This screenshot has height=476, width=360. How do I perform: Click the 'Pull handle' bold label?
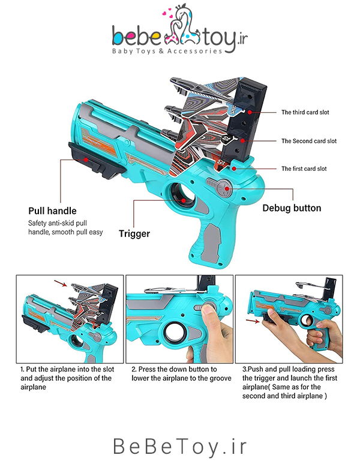click(52, 211)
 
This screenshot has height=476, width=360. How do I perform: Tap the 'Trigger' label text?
click(134, 234)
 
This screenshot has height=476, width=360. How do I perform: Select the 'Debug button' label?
click(292, 209)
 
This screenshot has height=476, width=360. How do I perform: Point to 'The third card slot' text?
click(305, 112)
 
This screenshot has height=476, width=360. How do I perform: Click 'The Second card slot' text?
click(309, 141)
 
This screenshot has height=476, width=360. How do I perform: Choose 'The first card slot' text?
click(304, 169)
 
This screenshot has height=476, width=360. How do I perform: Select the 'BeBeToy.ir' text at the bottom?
click(179, 447)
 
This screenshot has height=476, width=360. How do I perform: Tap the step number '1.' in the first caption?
click(22, 370)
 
